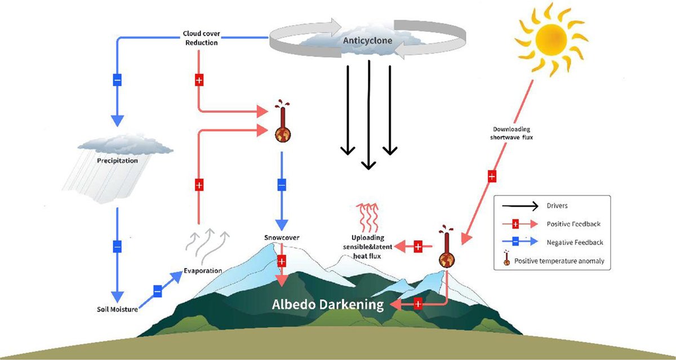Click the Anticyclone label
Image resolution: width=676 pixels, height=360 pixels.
click(368, 41)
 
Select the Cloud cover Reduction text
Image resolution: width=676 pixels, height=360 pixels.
click(201, 38)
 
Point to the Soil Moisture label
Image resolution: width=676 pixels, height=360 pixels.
click(117, 309)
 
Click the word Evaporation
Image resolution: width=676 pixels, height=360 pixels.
click(203, 270)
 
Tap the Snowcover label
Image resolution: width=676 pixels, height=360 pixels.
click(282, 237)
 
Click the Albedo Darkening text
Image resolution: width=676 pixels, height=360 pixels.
click(328, 305)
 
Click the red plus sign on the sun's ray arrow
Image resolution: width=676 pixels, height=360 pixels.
click(491, 177)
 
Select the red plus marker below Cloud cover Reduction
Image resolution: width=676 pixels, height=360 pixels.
click(198, 80)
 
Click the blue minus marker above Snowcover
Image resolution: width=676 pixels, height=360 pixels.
click(282, 184)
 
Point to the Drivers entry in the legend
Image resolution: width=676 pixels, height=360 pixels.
click(558, 206)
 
